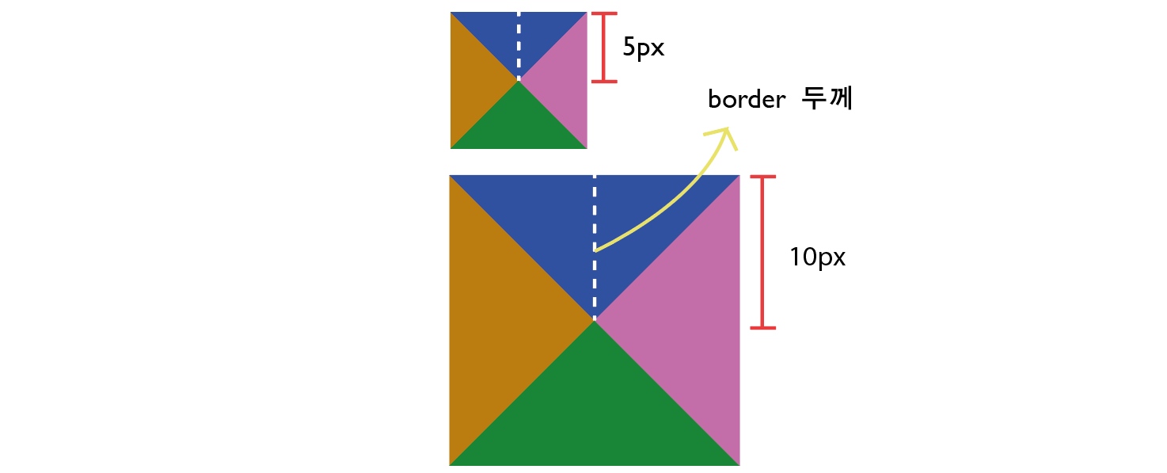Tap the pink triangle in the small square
[x=564, y=80]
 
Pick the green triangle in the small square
[x=519, y=125]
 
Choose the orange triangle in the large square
[x=499, y=320]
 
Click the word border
[x=746, y=100]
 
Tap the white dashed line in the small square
[x=519, y=46]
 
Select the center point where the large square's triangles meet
[x=595, y=320]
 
